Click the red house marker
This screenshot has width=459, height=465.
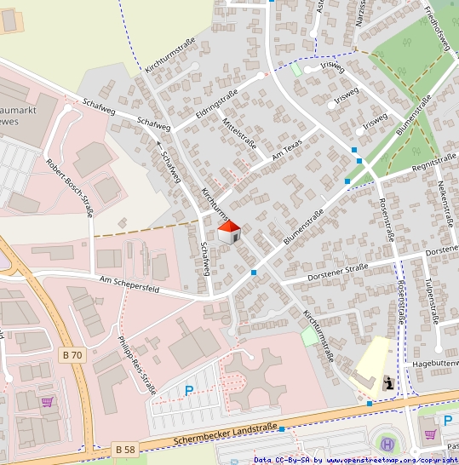point(228,232)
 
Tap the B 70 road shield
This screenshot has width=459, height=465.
point(74,353)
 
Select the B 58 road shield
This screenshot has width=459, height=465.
point(124,447)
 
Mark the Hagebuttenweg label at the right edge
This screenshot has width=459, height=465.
point(434,363)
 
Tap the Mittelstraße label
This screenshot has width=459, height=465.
point(238,134)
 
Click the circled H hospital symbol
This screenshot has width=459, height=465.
point(387,444)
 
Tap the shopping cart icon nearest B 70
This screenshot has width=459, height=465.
point(47,402)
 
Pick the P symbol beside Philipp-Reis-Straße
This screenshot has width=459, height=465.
point(188,392)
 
